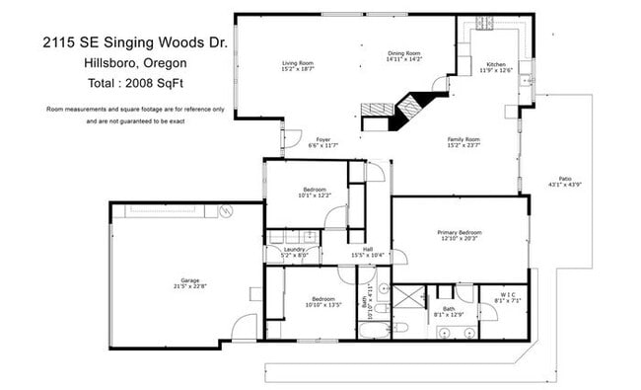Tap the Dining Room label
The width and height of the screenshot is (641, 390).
pos(404,53)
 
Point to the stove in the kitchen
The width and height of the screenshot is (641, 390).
pos(485,23)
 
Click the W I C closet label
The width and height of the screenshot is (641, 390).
pos(507,293)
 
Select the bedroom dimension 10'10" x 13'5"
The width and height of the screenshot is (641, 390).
pos(323,304)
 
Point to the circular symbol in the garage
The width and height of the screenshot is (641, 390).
pos(225,211)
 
